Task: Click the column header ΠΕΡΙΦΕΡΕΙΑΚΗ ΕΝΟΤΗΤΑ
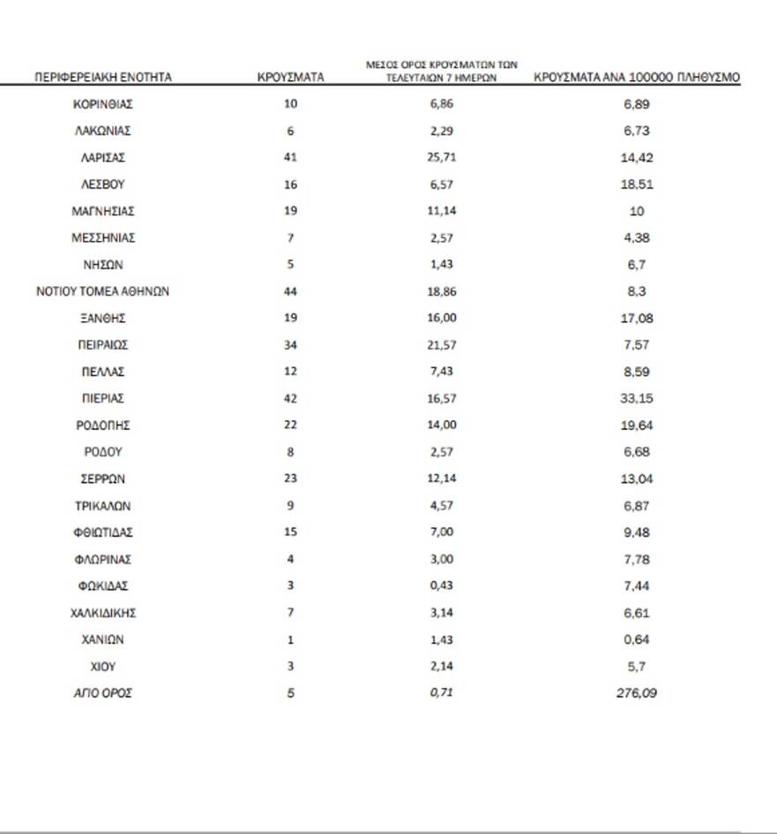pyautogui.click(x=102, y=78)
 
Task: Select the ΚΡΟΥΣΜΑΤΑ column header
pyautogui.click(x=290, y=78)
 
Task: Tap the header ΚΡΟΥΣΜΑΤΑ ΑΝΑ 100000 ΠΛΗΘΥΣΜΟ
pyautogui.click(x=637, y=78)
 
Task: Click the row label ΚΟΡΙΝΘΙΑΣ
pyautogui.click(x=102, y=104)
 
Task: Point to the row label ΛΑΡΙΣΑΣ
pyautogui.click(x=102, y=158)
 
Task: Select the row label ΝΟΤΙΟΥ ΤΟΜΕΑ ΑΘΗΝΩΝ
pyautogui.click(x=102, y=291)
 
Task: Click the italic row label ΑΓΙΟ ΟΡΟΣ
pyautogui.click(x=102, y=694)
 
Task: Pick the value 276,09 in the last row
pyautogui.click(x=637, y=694)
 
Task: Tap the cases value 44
pyautogui.click(x=290, y=291)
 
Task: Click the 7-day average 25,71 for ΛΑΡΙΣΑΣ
pyautogui.click(x=442, y=158)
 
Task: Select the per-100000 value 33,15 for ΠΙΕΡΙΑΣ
pyautogui.click(x=637, y=399)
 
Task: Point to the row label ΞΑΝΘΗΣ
pyautogui.click(x=102, y=319)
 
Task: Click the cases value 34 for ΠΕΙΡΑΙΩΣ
pyautogui.click(x=290, y=345)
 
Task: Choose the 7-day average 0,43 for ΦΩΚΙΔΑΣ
pyautogui.click(x=442, y=586)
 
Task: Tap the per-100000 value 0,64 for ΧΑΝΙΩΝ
pyautogui.click(x=637, y=640)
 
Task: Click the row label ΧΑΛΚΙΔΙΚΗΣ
pyautogui.click(x=102, y=612)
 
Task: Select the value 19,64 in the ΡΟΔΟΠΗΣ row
pyautogui.click(x=637, y=425)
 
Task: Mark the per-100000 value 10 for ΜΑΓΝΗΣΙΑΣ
pyautogui.click(x=637, y=212)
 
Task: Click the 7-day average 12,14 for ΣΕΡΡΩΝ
pyautogui.click(x=442, y=479)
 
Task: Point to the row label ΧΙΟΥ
pyautogui.click(x=102, y=666)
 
